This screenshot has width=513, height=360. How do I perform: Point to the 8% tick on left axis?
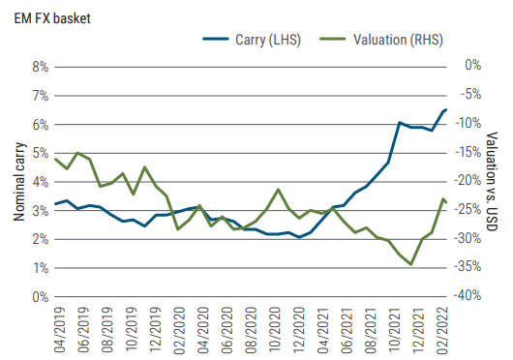pos(39,67)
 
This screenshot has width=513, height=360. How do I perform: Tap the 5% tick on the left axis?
pos(39,153)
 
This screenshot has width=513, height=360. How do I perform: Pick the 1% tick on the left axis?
pos(39,268)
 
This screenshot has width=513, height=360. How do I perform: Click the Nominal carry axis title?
pos(18,182)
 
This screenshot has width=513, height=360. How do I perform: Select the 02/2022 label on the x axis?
pos(444,330)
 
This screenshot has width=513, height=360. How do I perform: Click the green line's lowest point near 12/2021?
pos(411,264)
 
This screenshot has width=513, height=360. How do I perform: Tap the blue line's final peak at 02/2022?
pos(444,109)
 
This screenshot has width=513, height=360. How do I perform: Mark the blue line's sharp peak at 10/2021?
pos(400,123)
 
